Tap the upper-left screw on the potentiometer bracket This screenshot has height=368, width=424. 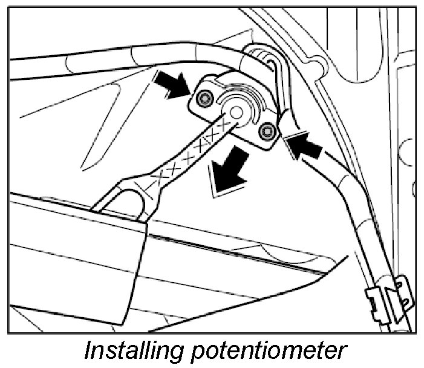(205, 98)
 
